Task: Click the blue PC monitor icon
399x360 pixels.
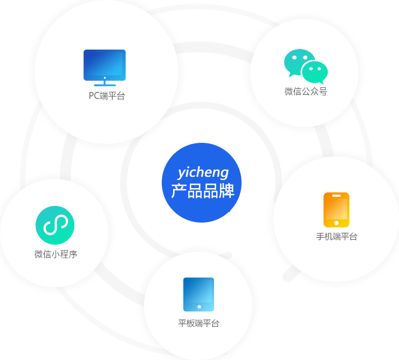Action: click(105, 68)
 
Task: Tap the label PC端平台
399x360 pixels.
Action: click(107, 96)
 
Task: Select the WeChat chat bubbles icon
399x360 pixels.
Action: click(306, 66)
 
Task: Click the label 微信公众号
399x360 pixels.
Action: click(306, 91)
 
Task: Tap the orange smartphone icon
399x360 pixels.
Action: click(336, 210)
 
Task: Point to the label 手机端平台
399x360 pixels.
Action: click(336, 237)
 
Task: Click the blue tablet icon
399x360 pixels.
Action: click(199, 294)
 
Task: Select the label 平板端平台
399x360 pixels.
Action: click(199, 323)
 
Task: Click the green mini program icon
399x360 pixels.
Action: click(55, 225)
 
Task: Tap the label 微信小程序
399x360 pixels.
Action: click(56, 254)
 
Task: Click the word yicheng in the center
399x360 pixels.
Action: click(203, 173)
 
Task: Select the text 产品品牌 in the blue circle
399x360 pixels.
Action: click(203, 191)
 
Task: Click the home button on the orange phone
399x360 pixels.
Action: click(336, 223)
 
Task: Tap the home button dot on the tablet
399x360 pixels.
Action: click(200, 307)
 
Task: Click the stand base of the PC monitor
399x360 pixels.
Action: click(105, 85)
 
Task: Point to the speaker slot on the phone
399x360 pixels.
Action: click(336, 196)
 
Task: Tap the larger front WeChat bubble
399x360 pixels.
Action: click(315, 72)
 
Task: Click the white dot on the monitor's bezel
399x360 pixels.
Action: click(105, 78)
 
